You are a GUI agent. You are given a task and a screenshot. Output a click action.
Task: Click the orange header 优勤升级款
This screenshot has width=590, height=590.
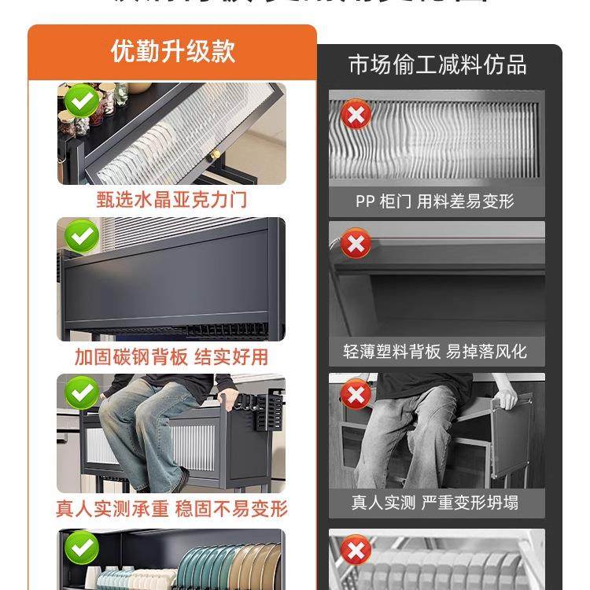point(172,51)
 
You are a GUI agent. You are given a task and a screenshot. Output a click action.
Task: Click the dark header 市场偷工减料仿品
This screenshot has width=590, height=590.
point(437,65)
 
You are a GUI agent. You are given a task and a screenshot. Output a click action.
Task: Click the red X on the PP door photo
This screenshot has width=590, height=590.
point(356,116)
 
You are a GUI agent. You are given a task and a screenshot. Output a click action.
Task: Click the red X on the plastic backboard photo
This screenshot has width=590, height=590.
point(356,245)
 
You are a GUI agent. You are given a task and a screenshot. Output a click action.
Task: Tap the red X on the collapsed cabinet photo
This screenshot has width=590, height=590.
point(356,393)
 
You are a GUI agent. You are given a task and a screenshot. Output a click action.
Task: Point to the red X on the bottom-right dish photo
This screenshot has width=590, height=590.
point(356,550)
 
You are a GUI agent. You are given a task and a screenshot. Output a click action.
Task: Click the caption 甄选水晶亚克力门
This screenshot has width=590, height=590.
point(171,199)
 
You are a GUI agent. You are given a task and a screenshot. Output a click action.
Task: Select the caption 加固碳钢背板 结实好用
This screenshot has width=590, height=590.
point(171,356)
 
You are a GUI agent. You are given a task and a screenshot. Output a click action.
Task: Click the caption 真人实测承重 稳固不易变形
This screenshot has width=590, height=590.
point(171,508)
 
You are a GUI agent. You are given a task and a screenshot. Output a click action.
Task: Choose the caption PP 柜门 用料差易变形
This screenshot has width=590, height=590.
point(434,201)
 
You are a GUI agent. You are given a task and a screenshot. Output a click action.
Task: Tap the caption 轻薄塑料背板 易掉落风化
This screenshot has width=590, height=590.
point(434,351)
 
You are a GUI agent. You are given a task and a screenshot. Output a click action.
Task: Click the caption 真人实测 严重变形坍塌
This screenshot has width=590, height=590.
point(434,502)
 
